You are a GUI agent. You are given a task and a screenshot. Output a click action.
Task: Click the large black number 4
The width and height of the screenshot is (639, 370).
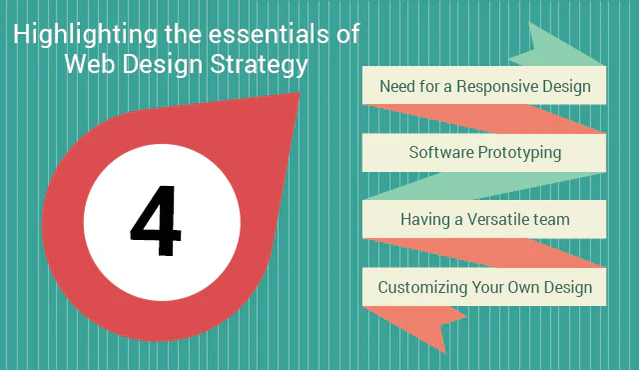(156, 220)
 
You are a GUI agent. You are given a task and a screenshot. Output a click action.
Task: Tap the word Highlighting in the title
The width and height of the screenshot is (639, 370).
(85, 35)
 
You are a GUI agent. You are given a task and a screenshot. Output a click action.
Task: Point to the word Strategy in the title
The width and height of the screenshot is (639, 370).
(260, 65)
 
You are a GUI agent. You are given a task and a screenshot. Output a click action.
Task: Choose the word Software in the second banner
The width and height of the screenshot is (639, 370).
(441, 152)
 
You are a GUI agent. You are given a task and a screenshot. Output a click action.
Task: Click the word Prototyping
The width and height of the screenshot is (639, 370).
(519, 153)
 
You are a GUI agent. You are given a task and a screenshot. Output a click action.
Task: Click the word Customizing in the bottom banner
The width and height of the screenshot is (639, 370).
(422, 288)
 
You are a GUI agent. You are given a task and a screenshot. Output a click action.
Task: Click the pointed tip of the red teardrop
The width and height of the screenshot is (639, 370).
(300, 93)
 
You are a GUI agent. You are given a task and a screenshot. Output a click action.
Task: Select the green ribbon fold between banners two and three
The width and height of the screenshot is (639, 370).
(484, 186)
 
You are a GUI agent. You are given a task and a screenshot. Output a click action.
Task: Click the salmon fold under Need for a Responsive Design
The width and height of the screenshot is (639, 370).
(484, 119)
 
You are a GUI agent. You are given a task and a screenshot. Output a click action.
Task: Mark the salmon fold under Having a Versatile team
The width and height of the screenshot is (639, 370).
(484, 253)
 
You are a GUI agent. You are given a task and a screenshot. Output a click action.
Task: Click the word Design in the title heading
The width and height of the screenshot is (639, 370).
(162, 65)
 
